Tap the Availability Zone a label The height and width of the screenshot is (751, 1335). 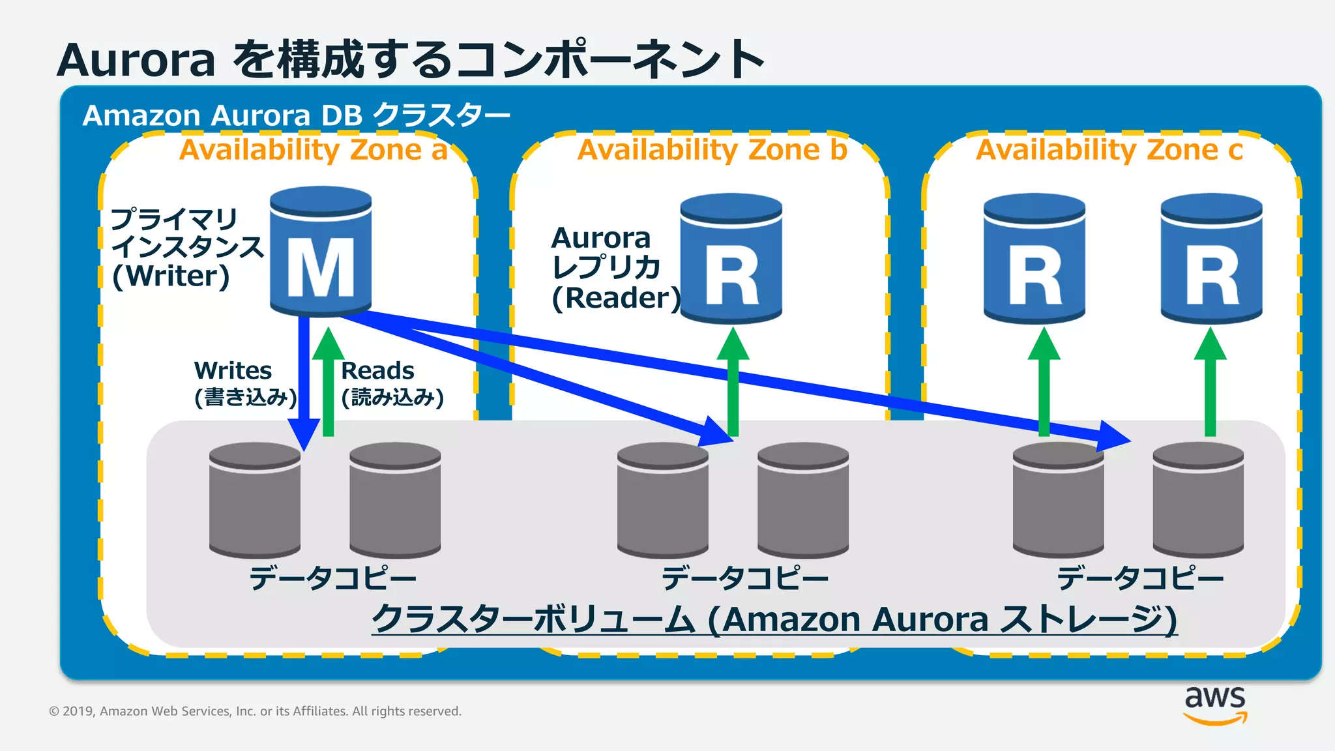coord(314,150)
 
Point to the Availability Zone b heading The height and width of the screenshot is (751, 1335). coord(712,150)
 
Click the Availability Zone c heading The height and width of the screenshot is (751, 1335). coord(1109,150)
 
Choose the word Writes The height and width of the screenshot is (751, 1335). coord(233,370)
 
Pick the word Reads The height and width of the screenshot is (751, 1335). coord(377,370)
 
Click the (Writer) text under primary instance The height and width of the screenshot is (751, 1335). coord(171,276)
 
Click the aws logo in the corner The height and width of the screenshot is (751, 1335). coord(1215,704)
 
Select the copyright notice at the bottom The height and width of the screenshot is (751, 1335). coord(255,711)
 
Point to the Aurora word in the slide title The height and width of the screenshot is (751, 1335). coord(136,60)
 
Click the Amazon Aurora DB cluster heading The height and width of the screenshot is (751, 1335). coord(296,115)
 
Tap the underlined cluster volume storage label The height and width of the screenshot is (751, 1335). coord(774,619)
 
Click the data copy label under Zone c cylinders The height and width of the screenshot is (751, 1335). coord(1140,578)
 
